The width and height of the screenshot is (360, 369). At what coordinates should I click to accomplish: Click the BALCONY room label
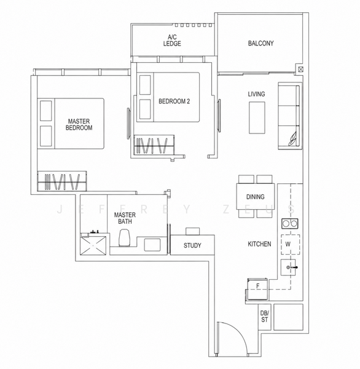pyautogui.click(x=260, y=43)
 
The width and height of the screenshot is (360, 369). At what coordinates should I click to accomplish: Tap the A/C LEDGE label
pyautogui.click(x=172, y=40)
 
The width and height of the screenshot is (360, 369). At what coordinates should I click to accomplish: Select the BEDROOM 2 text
pyautogui.click(x=174, y=101)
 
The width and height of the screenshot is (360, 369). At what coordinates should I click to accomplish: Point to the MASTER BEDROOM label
pyautogui.click(x=79, y=124)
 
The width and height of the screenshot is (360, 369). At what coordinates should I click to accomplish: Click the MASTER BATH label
pyautogui.click(x=125, y=218)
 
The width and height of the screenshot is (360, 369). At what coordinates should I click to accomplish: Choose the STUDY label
pyautogui.click(x=192, y=245)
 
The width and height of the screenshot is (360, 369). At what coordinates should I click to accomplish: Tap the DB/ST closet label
pyautogui.click(x=265, y=317)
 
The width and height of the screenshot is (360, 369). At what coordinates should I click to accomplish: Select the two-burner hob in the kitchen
pyautogui.click(x=290, y=224)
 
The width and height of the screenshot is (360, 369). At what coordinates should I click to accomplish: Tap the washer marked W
pyautogui.click(x=291, y=245)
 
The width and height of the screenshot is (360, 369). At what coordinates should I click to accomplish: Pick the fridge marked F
pyautogui.click(x=257, y=289)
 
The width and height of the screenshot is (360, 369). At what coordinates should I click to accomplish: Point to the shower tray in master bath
pyautogui.click(x=93, y=245)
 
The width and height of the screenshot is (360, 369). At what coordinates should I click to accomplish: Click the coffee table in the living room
pyautogui.click(x=257, y=117)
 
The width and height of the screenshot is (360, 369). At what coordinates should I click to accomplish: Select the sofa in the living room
pyautogui.click(x=290, y=116)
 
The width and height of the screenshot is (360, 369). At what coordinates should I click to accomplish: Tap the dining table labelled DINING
pyautogui.click(x=256, y=197)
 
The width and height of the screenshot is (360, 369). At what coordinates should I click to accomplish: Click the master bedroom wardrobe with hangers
pyautogui.click(x=62, y=181)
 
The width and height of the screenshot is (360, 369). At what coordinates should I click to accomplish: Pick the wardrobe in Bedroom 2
pyautogui.click(x=154, y=145)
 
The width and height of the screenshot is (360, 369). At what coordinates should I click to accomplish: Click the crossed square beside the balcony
pyautogui.click(x=301, y=69)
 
